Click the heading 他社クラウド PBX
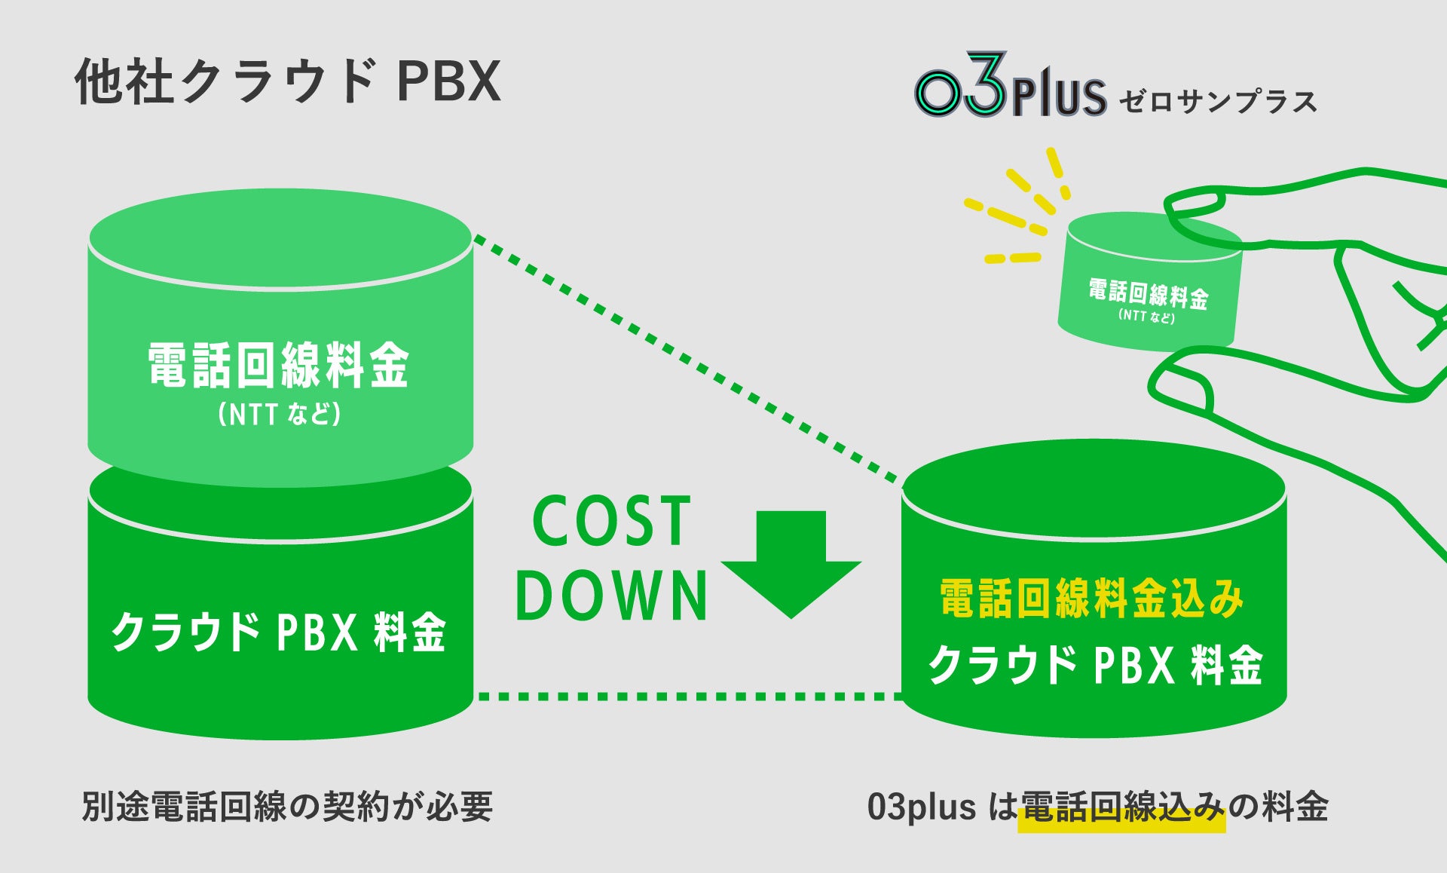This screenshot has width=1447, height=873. pyautogui.click(x=287, y=81)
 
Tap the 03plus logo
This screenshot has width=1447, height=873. pyautogui.click(x=1010, y=89)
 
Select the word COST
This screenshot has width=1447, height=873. pyautogui.click(x=611, y=521)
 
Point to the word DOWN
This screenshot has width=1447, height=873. pyautogui.click(x=611, y=595)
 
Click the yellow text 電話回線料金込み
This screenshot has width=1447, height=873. pyautogui.click(x=1092, y=599)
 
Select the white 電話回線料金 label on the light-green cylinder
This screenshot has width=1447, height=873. pyautogui.click(x=278, y=366)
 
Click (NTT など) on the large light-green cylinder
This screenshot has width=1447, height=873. pyautogui.click(x=279, y=414)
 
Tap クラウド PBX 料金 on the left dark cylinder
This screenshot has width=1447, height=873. pyautogui.click(x=279, y=632)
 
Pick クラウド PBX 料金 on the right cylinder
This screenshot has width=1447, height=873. pyautogui.click(x=1094, y=665)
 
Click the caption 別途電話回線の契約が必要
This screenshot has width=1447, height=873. pyautogui.click(x=287, y=807)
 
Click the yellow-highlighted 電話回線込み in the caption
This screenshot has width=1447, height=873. pyautogui.click(x=1121, y=808)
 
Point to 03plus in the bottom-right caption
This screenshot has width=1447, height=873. pyautogui.click(x=921, y=807)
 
